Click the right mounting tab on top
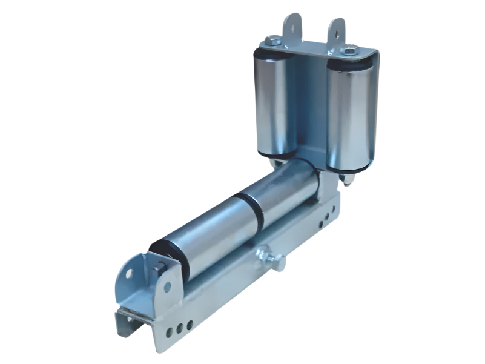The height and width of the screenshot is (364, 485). click(337, 30)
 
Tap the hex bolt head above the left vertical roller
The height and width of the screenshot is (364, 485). click(271, 41)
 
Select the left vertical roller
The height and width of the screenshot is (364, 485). click(272, 105)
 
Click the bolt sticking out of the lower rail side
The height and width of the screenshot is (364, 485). click(270, 257)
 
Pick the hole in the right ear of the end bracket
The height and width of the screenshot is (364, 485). click(168, 286)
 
